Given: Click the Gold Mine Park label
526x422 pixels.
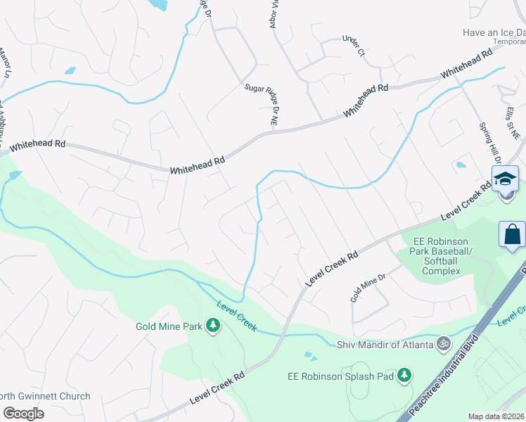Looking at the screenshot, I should point(169,326).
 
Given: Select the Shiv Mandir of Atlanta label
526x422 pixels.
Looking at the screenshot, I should point(384,343).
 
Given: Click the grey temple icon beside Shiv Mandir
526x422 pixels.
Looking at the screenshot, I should point(443,343).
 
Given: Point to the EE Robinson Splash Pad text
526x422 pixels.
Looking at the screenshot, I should point(340,376).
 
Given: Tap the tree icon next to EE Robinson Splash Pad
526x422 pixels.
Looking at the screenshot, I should point(404,376).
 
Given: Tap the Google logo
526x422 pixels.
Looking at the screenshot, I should point(23,413).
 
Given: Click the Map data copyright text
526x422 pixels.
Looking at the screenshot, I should point(496,416).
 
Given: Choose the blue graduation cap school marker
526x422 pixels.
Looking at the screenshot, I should point(505,179).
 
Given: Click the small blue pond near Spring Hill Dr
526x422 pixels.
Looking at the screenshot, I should point(461,165).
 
